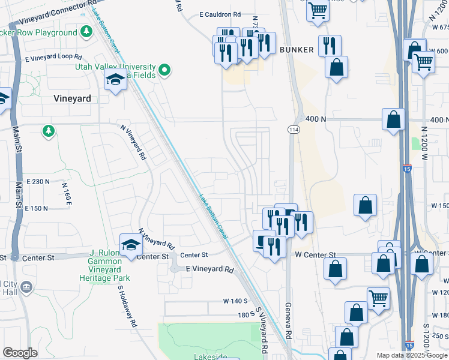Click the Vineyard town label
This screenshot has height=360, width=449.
tap(72, 98)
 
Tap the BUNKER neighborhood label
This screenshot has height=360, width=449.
tap(296, 50)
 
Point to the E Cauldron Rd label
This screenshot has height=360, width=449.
tap(220, 14)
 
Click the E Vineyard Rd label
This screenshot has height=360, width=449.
tap(209, 270)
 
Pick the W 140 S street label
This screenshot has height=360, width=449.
tap(235, 300)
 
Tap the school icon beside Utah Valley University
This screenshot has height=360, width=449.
tap(115, 79)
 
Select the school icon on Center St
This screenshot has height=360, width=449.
tap(130, 245)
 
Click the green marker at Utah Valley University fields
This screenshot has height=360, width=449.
tap(163, 71)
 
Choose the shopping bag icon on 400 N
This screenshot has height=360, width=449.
tap(394, 119)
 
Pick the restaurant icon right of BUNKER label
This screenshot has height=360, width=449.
tap(330, 45)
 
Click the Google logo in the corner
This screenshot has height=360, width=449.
tap(20, 353)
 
